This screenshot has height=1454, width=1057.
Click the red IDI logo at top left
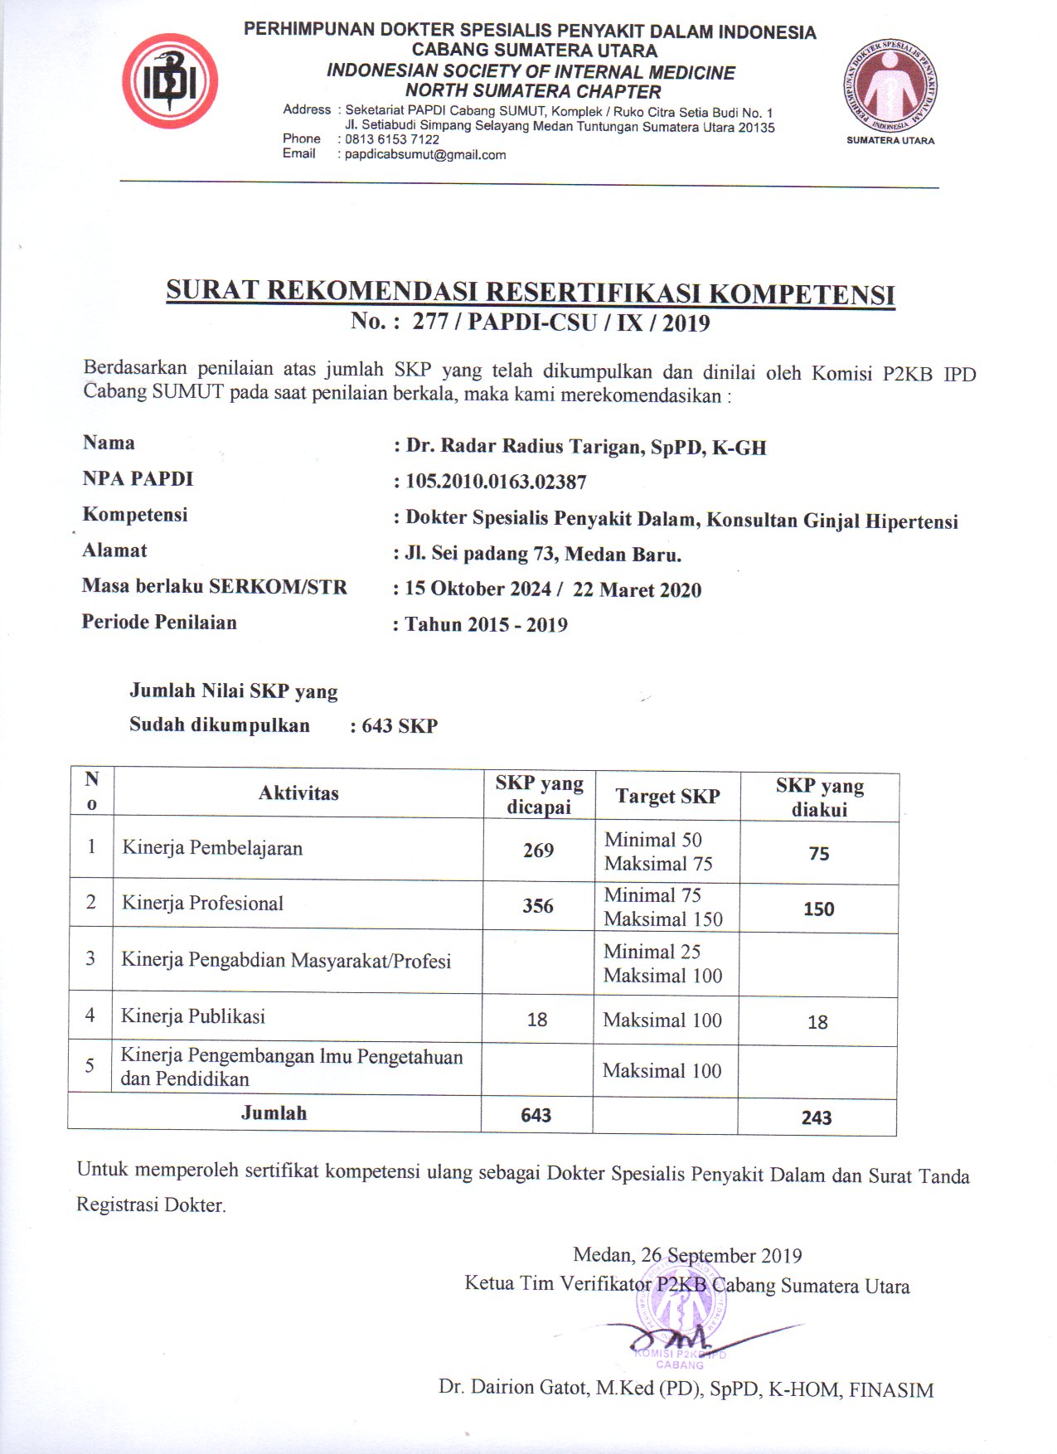coord(170,81)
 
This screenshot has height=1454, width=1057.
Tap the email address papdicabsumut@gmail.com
coord(425,155)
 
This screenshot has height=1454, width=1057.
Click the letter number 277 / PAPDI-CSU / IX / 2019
coord(560,322)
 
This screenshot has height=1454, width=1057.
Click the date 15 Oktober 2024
coord(478,589)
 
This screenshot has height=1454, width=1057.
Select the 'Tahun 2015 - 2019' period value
coord(486,624)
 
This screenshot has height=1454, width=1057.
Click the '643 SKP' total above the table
coord(400,726)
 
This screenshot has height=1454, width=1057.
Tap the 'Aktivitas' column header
coord(298,793)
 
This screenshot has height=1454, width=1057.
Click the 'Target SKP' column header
coord(667,797)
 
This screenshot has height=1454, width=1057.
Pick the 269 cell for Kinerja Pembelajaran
coord(538,851)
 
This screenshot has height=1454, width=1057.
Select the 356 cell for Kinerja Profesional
coord(537,906)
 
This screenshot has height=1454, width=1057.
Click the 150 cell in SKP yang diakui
coord(818,909)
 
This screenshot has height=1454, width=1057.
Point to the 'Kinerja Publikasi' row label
coord(193,1016)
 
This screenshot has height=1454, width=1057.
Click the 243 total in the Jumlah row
coord(817,1117)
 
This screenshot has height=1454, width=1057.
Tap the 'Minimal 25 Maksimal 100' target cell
coord(663,963)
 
